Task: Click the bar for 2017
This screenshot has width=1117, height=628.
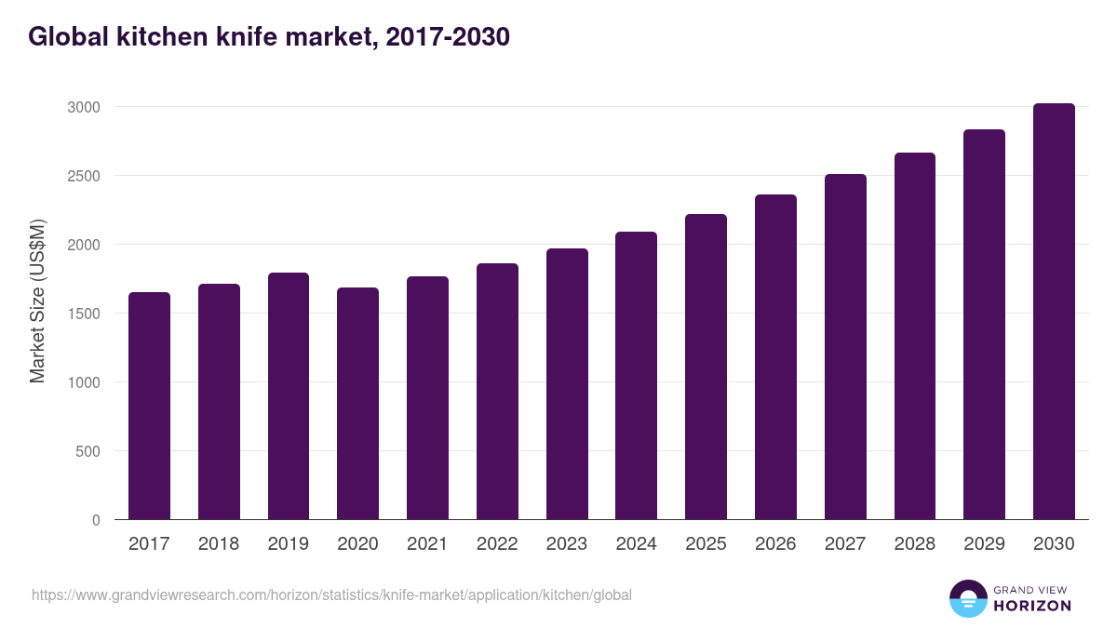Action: (x=149, y=406)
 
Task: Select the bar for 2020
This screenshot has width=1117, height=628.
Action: (x=357, y=404)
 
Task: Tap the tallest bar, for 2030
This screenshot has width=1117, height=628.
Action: (x=1054, y=312)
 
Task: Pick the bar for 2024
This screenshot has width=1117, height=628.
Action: (x=636, y=376)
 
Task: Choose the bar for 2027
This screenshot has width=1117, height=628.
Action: (x=845, y=347)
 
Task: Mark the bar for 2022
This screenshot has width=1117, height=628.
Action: (x=497, y=392)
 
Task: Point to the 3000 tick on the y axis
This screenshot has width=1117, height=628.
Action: (x=83, y=107)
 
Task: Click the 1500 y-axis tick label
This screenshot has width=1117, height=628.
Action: (x=83, y=314)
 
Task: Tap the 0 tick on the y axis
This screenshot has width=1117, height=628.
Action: (x=96, y=520)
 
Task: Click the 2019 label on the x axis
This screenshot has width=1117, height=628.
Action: (x=289, y=544)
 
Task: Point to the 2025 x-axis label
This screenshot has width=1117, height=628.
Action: (x=706, y=544)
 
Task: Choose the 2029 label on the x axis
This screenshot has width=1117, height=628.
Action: (x=984, y=544)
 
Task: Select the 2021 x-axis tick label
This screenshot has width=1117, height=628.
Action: (x=427, y=544)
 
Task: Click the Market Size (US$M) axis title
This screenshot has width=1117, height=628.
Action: (x=37, y=301)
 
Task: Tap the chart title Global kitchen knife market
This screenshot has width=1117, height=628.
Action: (x=269, y=36)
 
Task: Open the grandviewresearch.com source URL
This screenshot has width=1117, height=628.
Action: (x=331, y=595)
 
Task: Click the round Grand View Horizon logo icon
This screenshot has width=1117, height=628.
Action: (x=967, y=598)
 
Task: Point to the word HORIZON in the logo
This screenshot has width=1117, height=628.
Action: (x=1032, y=606)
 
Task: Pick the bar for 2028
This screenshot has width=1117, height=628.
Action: (x=914, y=336)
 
